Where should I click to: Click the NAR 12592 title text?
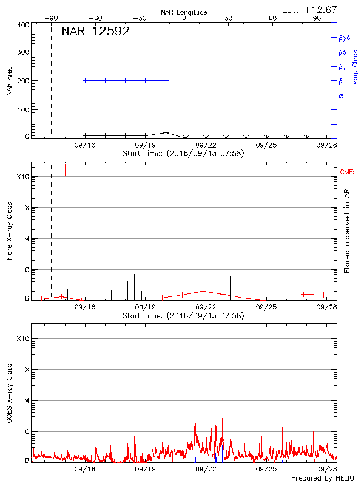(96, 32)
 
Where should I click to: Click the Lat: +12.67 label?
(310, 9)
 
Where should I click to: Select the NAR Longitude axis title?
(184, 12)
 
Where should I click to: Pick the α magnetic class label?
(341, 95)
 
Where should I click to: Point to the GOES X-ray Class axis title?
(10, 395)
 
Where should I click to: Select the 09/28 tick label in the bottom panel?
(326, 470)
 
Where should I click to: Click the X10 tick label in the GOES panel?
(23, 338)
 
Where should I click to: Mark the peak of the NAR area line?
(166, 132)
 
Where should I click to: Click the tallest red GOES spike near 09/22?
(211, 408)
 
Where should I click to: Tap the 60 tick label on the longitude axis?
(273, 18)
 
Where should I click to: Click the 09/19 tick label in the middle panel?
(145, 307)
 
